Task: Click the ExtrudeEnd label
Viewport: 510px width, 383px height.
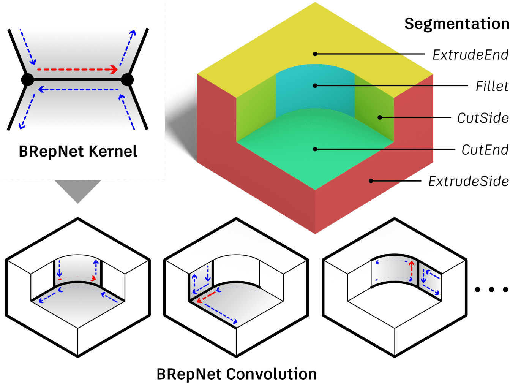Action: [470, 55]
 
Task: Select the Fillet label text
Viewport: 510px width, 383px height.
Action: [492, 86]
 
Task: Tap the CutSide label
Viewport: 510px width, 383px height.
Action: [483, 118]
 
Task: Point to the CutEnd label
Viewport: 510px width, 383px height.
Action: [485, 150]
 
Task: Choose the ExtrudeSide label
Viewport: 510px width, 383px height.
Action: [468, 181]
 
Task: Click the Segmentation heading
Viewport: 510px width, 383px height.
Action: [456, 24]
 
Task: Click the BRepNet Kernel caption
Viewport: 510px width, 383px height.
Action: [78, 151]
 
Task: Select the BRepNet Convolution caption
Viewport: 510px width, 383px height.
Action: [237, 374]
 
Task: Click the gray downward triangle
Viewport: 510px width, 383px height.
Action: [78, 190]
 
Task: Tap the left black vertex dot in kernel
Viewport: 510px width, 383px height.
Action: [27, 80]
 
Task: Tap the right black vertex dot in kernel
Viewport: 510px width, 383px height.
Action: [127, 80]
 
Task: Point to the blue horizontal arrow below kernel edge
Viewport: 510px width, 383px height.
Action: [79, 90]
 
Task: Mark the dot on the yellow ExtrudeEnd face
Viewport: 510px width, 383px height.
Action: [315, 54]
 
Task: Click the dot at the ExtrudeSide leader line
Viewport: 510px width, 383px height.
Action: [371, 181]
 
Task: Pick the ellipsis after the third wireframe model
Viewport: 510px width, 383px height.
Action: [491, 290]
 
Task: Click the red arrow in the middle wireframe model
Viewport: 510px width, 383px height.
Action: [206, 297]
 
